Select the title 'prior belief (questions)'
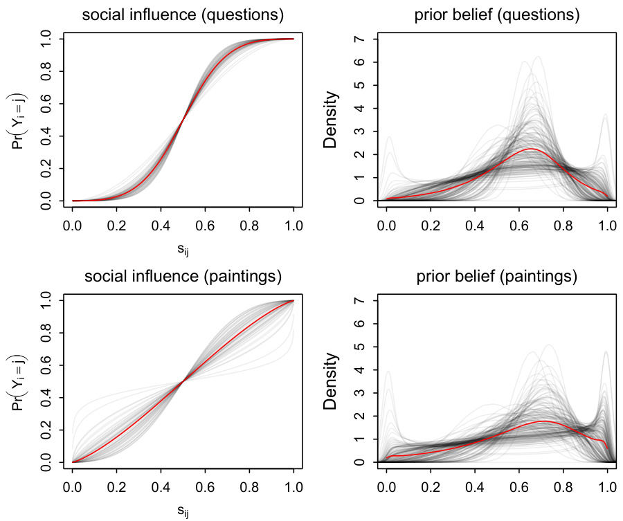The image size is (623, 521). (498, 15)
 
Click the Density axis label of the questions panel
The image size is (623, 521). (332, 119)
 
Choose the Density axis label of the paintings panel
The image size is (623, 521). (332, 381)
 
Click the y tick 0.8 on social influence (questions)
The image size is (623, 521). (46, 71)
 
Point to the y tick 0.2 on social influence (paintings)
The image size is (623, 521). (46, 430)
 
